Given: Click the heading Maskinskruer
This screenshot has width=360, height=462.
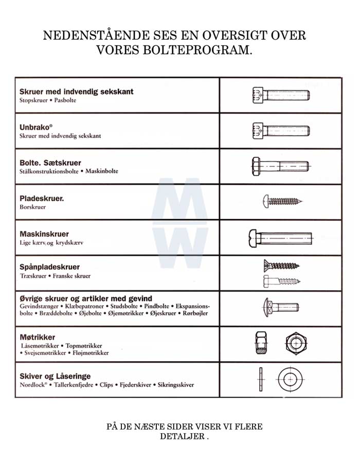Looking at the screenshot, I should pos(44,234).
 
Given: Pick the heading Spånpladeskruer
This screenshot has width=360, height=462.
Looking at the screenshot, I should pos(50,267).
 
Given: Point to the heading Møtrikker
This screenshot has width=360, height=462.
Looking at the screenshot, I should pos(38,337).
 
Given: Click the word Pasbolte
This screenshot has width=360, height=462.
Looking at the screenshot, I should pos(65,100).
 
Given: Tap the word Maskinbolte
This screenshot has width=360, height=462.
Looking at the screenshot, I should pos(101,171).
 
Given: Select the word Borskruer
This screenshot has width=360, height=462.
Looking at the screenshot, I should pos(33,207).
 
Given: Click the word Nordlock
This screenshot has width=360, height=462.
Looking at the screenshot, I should pos(31,384).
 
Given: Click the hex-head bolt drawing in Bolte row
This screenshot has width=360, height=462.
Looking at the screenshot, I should pos(280,167).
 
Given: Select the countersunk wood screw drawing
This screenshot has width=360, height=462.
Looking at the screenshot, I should pos(281,265).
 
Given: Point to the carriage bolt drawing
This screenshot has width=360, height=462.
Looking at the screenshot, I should pos(280,308).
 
